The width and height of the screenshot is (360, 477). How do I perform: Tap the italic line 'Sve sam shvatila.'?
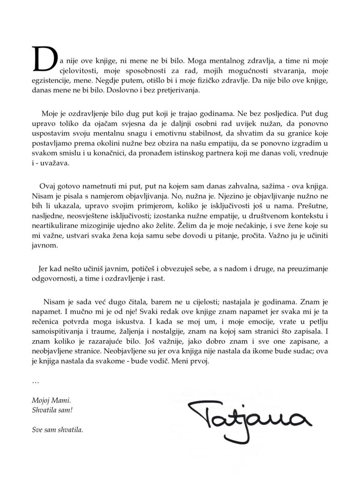pos(57,429)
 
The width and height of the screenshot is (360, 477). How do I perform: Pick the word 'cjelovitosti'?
pos(77,70)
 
